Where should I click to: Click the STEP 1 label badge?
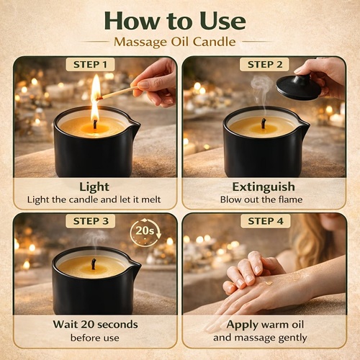click(x=90, y=65)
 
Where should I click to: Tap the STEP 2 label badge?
click(x=264, y=65)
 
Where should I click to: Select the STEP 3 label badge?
click(x=91, y=221)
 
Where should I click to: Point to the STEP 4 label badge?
click(x=266, y=221)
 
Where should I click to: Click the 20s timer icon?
click(x=145, y=233)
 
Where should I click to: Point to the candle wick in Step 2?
click(x=264, y=123)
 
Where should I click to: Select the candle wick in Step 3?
click(x=93, y=264)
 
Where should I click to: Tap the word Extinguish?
click(x=264, y=186)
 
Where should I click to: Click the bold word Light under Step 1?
click(x=94, y=187)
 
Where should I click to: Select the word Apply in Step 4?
click(x=243, y=325)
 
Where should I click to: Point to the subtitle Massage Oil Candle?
click(x=175, y=42)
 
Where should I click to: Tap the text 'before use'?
click(x=95, y=338)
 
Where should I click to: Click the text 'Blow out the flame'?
click(x=261, y=199)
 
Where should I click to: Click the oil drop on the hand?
click(x=269, y=283)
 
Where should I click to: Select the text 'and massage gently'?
click(x=260, y=338)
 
